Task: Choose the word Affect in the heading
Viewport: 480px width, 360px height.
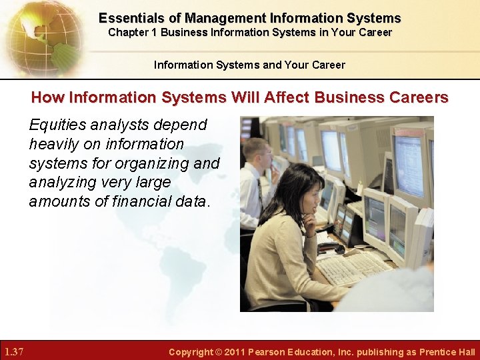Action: coord(290,98)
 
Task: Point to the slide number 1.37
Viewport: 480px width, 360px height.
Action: coord(14,351)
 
